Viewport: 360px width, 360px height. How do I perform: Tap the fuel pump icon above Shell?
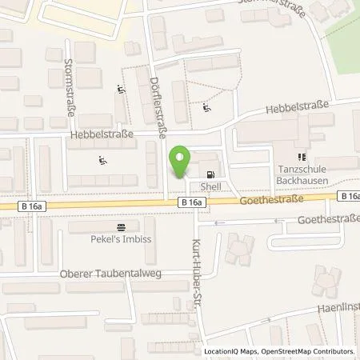coord(210,174)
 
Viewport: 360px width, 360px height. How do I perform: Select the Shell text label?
coord(210,186)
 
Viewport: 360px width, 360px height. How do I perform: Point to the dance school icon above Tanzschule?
coord(302,158)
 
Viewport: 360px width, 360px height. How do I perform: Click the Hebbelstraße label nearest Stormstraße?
coord(102,135)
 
